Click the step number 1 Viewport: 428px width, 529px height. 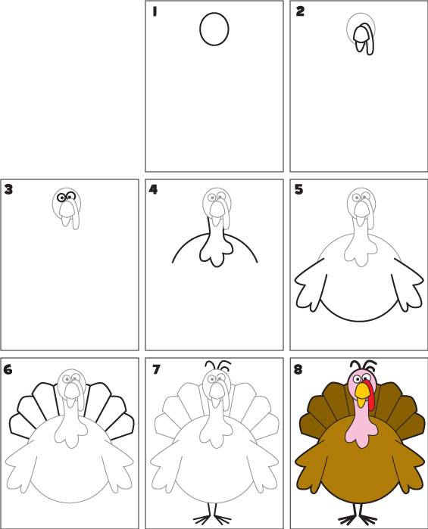pos(155,12)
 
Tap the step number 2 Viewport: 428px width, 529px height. pos(300,11)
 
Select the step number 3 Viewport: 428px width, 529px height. pos(8,189)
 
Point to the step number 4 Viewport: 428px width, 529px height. pos(153,190)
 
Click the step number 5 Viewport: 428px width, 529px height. pos(298,190)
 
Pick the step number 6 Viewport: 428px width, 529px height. pos(8,370)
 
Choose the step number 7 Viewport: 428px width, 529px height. pos(156,370)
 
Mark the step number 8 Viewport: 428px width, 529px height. pos(298,370)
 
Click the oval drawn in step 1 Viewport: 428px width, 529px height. pos(214,29)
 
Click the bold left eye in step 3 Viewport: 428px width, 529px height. pos(61,198)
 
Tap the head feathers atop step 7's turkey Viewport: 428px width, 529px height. pos(218,366)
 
